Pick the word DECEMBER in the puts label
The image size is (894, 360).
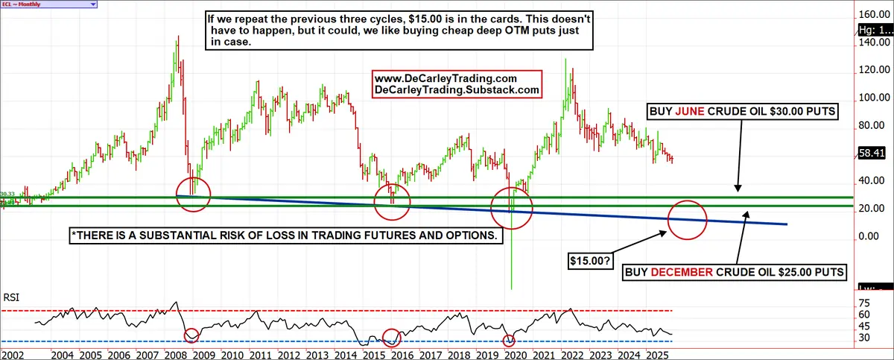pos(688,273)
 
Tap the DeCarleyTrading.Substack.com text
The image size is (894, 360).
pos(456,90)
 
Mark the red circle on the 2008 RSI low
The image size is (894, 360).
pos(191,335)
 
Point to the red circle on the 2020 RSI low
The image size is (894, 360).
pos(509,341)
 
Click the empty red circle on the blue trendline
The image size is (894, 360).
pos(687,219)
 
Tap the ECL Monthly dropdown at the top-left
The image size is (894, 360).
pos(49,4)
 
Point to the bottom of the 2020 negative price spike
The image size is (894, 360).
pos(512,288)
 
